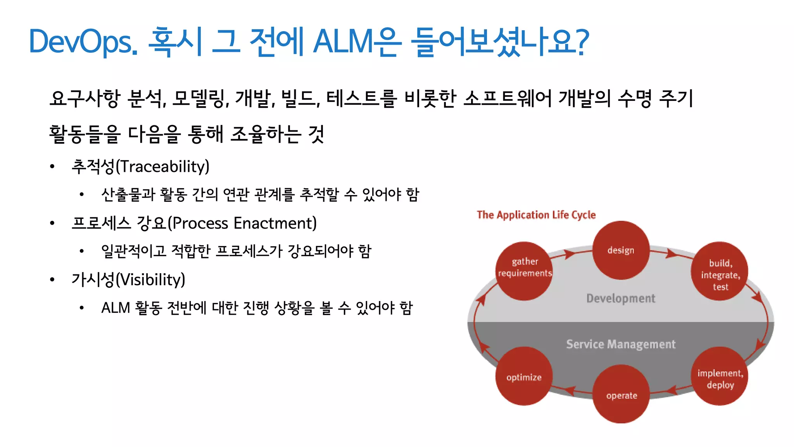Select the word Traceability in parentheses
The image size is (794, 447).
tap(163, 166)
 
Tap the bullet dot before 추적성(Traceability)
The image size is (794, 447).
tap(52, 167)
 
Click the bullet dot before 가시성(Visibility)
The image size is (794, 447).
tap(52, 280)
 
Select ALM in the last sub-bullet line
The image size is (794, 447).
tap(116, 308)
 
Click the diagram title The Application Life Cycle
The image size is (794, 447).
tap(536, 215)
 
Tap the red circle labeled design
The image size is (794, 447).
tap(621, 250)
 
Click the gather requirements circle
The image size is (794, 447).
tap(524, 271)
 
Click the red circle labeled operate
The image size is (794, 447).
tap(621, 394)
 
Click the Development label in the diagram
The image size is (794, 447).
tap(620, 298)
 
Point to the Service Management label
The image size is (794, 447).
tap(620, 344)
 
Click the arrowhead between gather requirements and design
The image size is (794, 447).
tap(569, 255)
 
